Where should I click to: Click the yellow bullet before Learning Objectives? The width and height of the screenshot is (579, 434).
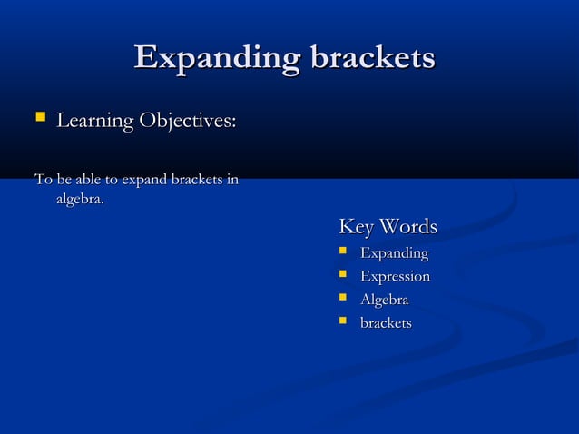39,119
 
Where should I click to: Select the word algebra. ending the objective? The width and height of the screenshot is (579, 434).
80,199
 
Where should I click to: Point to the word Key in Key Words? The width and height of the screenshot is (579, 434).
356,226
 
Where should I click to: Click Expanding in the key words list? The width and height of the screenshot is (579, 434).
394,253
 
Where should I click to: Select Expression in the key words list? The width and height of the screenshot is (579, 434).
395,276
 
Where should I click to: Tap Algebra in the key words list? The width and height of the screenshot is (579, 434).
384,300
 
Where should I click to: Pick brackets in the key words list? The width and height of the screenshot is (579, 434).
386,323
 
